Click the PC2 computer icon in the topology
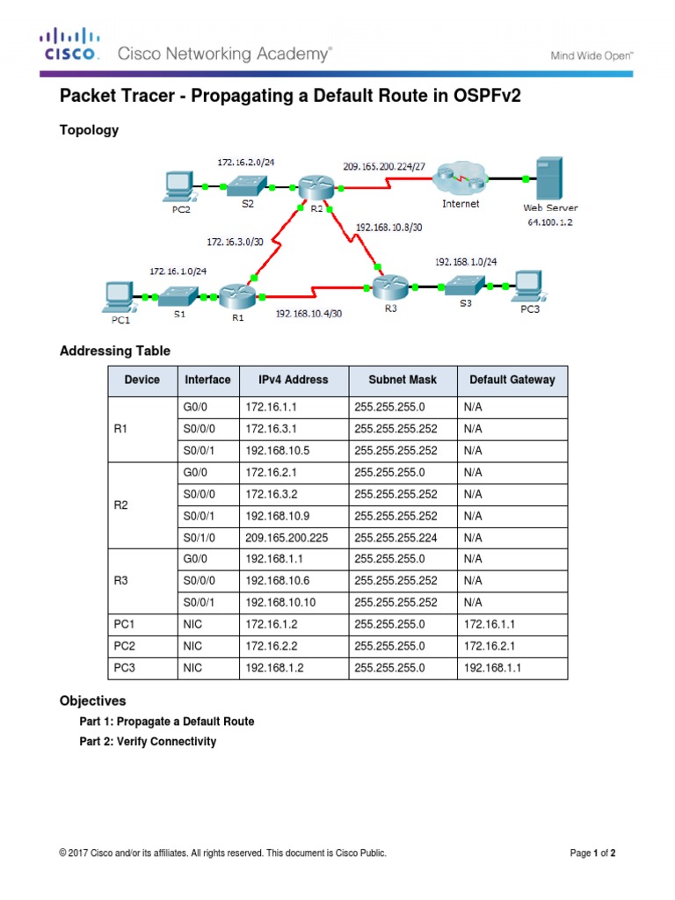click(x=180, y=185)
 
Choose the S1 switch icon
click(x=179, y=295)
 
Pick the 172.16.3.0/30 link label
click(x=235, y=240)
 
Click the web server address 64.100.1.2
click(x=551, y=222)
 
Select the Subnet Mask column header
click(x=402, y=380)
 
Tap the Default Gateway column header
click(x=512, y=380)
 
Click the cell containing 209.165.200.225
click(x=287, y=537)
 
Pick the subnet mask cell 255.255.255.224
click(x=396, y=537)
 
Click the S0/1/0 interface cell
click(x=199, y=537)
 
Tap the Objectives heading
click(x=92, y=701)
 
